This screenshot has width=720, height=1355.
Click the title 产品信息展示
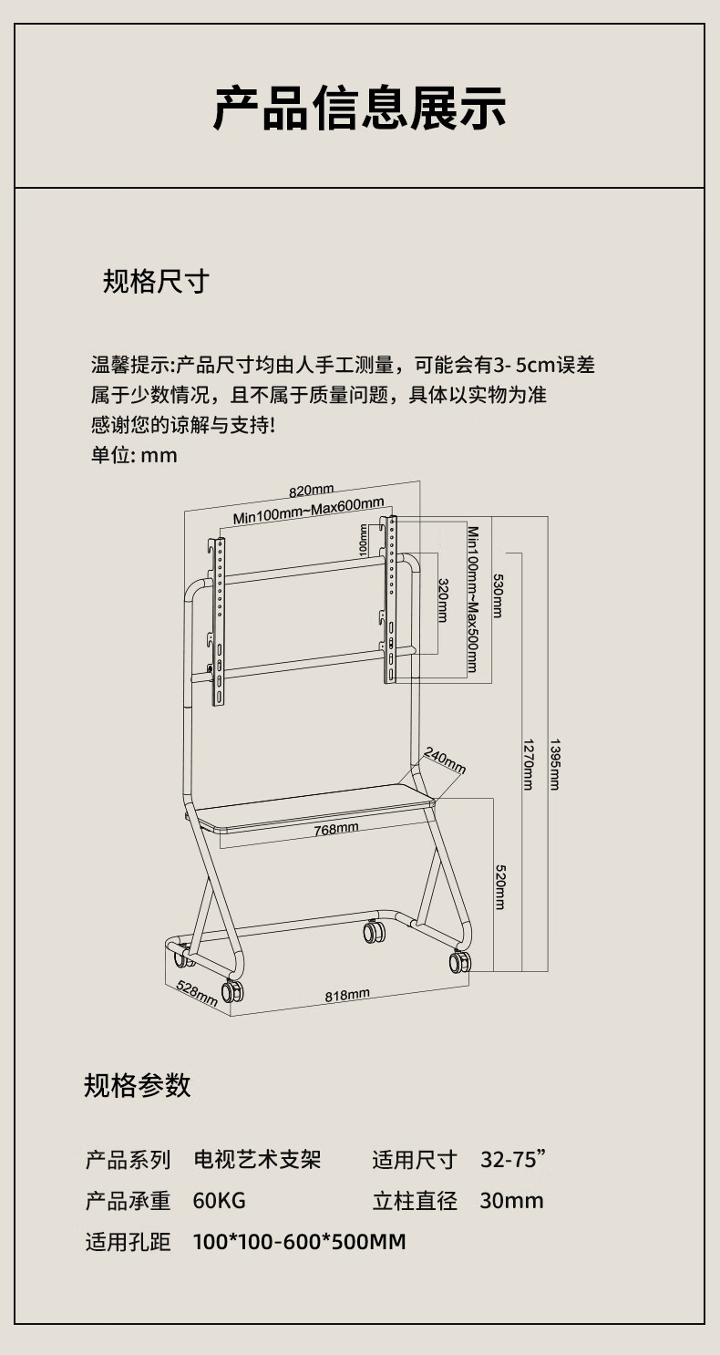tap(359, 109)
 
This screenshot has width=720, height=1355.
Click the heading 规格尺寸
tap(156, 282)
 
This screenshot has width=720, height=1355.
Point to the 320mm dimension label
tap(443, 599)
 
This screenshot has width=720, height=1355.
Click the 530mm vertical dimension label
tap(498, 595)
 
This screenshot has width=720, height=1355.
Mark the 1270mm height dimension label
tap(527, 762)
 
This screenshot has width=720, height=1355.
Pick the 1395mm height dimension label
tap(554, 762)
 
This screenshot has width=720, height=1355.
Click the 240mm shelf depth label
tap(444, 760)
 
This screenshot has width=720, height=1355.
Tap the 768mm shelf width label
tap(335, 829)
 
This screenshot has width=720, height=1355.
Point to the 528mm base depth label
tap(196, 993)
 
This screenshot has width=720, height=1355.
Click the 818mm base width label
tap(347, 995)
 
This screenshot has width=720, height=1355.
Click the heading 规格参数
tap(137, 1085)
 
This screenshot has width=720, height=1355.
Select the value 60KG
tap(219, 1200)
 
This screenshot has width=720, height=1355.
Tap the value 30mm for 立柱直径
tap(511, 1200)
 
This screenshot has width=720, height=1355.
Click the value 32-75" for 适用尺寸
tap(512, 1160)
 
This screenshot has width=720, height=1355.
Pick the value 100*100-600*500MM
tap(299, 1241)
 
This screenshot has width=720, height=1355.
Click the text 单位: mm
tap(134, 454)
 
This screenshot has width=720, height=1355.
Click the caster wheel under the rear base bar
tap(374, 932)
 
